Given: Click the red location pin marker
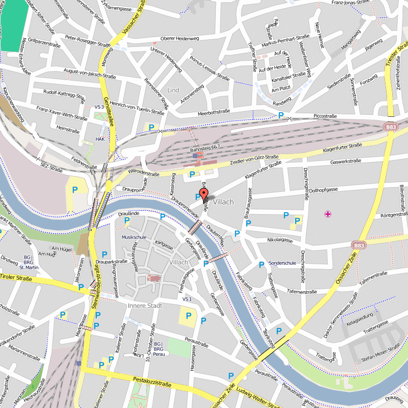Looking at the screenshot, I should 203,194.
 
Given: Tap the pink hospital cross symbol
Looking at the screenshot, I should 327,214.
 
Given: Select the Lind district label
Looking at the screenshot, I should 173,90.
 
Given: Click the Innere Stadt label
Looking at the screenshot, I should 145,305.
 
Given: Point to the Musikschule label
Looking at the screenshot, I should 134,237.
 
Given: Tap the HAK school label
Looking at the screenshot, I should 100,139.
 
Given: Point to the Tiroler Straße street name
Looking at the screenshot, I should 16,278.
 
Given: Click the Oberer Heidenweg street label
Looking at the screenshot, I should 179,39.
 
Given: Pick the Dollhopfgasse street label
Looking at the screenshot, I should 324,190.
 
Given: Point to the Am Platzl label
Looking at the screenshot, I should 281,89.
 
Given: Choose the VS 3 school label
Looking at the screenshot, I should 99,107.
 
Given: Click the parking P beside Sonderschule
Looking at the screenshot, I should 262,264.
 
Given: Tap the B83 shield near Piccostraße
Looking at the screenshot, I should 391,126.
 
